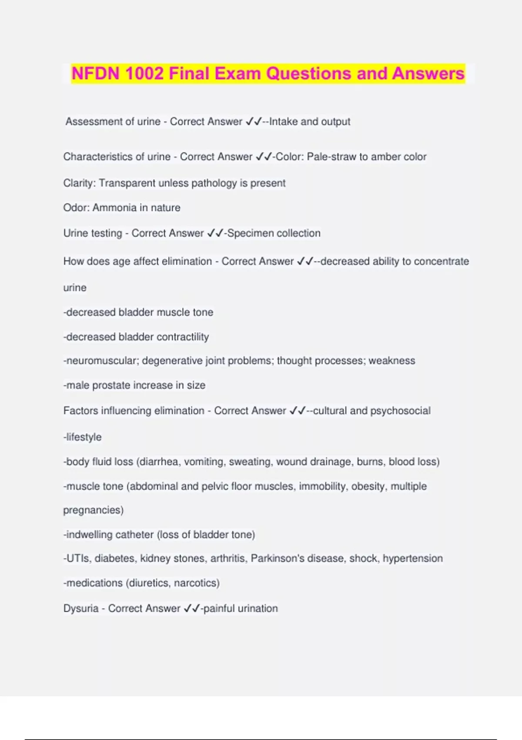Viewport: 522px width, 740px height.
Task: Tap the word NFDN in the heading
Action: point(95,74)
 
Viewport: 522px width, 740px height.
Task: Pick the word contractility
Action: point(183,337)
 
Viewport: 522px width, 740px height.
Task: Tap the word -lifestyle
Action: point(83,437)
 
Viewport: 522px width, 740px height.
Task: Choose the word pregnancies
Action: point(93,510)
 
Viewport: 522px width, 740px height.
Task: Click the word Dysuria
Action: point(81,609)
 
